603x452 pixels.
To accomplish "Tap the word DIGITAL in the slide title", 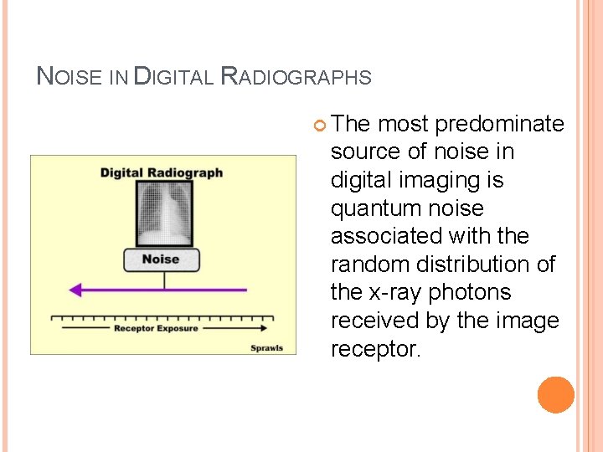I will click(173, 77).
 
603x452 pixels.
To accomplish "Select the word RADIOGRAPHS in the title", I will click(295, 77).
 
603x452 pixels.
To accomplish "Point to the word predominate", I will click(500, 125).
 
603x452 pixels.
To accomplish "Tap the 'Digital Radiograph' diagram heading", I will click(162, 173).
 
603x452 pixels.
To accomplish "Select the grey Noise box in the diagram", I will click(161, 259).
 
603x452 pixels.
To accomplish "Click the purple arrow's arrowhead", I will click(75, 290).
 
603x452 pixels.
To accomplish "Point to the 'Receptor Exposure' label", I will click(156, 329).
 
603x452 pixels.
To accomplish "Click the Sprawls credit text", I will click(267, 347).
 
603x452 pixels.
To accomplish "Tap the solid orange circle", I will click(556, 394).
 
